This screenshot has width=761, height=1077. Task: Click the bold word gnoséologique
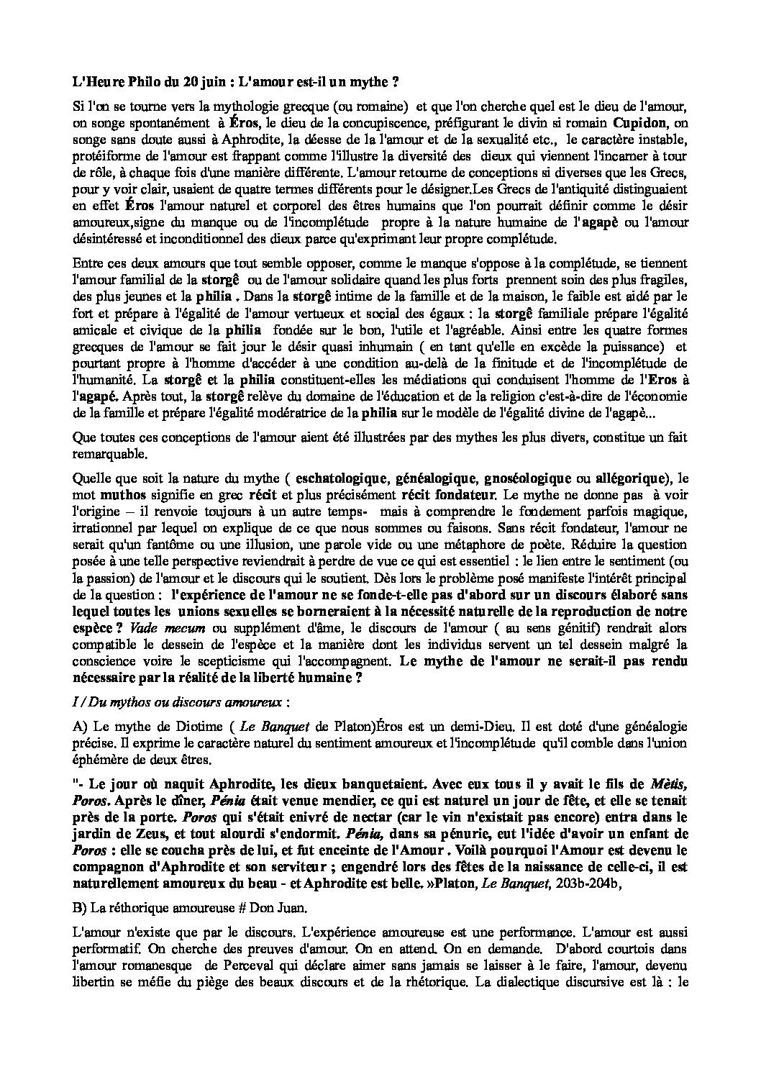click(x=518, y=478)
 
